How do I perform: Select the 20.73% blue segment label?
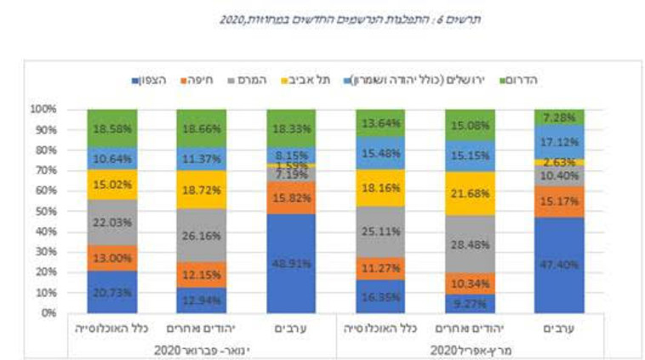tap(111, 293)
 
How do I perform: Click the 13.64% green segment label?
tap(379, 123)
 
